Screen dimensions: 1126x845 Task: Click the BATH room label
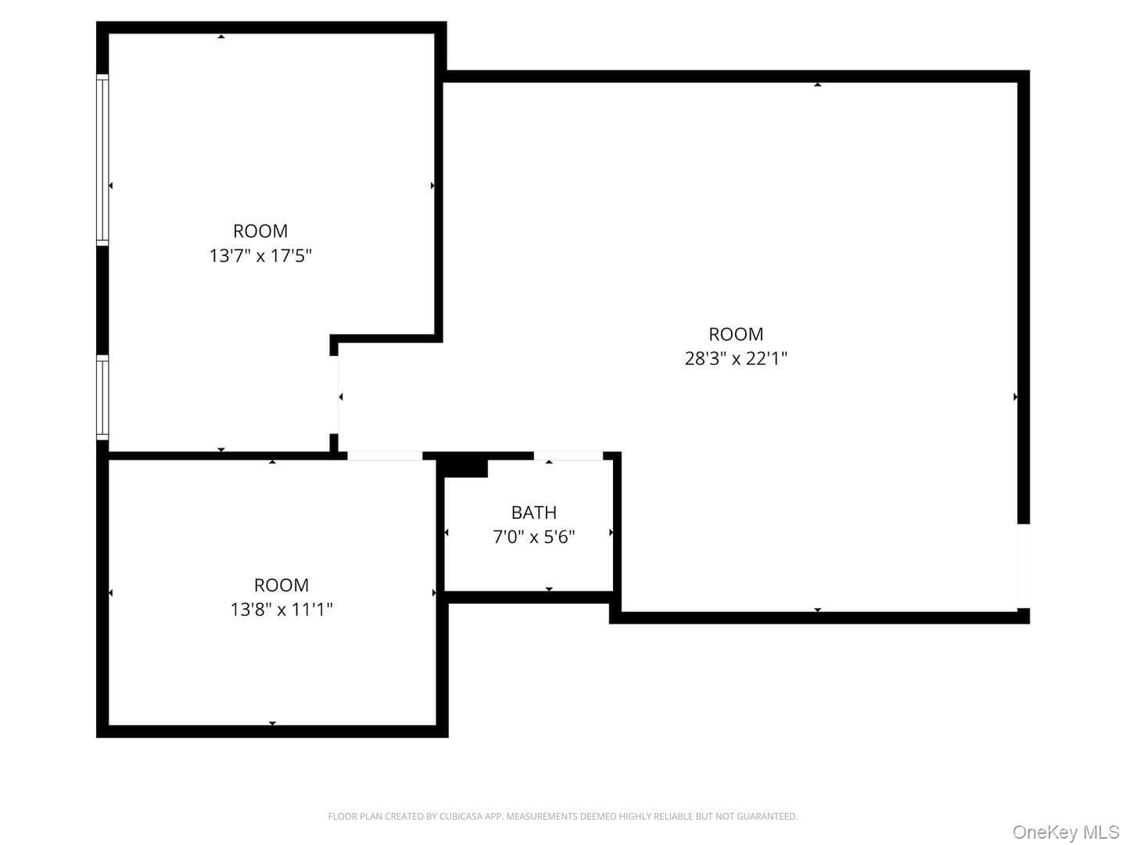533,512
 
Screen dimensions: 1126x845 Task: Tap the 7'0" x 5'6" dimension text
533,537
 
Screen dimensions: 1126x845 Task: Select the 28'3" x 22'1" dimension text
736,358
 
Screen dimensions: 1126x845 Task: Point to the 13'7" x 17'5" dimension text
260,256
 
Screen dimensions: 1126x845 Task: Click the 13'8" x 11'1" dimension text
281,609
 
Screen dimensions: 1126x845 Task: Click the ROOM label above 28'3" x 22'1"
736,334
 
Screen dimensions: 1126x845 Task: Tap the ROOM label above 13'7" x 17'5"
260,231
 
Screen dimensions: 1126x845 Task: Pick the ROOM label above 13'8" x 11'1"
281,585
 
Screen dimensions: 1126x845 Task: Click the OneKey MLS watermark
1066,832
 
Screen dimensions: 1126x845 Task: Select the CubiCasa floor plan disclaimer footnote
563,816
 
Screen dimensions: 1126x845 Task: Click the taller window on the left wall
102,160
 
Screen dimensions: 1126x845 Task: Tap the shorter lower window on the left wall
102,397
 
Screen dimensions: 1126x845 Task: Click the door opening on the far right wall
1024,566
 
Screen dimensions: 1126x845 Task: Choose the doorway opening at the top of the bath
568,455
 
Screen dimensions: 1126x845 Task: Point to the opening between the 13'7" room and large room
334,394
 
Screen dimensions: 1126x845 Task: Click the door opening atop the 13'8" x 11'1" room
385,455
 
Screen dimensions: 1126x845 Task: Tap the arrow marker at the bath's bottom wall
549,589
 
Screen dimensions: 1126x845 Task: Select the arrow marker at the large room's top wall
817,84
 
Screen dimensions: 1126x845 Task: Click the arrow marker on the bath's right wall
611,533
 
